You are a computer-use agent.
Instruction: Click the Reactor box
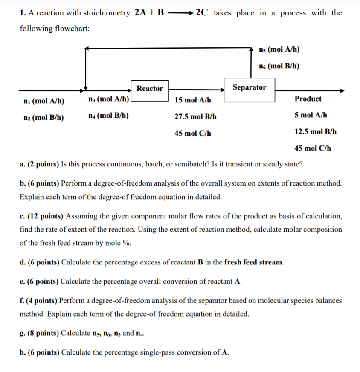point(149,89)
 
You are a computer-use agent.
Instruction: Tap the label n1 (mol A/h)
point(42,101)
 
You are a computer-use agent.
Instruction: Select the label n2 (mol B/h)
point(42,118)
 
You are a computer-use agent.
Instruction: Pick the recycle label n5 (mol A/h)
point(279,49)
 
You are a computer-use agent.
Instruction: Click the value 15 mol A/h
point(193,100)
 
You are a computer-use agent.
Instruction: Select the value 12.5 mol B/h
point(316,131)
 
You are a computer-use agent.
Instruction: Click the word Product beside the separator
point(308,99)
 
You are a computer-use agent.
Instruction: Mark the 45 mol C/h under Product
point(313,148)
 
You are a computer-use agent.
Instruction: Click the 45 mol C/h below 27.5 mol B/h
point(193,133)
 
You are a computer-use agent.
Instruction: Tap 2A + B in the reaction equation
point(149,12)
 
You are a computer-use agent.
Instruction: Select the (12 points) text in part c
point(46,216)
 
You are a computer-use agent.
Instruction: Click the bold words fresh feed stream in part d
point(253,262)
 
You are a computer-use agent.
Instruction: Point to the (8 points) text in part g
point(44,333)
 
